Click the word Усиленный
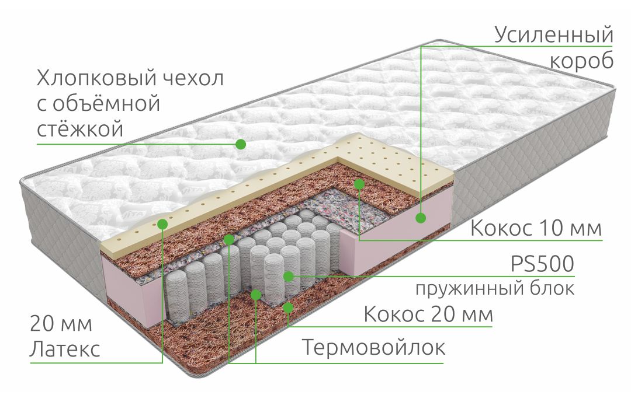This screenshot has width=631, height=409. [x=554, y=36]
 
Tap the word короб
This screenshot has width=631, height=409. [x=581, y=61]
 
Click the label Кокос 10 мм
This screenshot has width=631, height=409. [x=536, y=228]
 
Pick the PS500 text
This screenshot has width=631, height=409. [x=542, y=264]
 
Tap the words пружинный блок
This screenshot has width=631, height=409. [x=495, y=288]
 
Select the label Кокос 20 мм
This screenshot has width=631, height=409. [x=428, y=314]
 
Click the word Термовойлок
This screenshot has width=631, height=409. [x=373, y=347]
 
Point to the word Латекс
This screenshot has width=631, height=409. [x=65, y=349]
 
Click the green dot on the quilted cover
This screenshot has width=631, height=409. [x=241, y=144]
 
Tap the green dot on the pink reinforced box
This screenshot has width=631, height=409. [x=421, y=218]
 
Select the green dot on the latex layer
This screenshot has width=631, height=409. [x=162, y=224]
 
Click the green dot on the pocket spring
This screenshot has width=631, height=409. [x=288, y=276]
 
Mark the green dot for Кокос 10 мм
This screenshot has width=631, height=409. [x=359, y=184]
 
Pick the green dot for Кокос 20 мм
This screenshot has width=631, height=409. [x=287, y=307]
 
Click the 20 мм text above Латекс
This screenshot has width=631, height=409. [x=61, y=323]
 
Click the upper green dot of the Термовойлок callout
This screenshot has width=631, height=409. [x=229, y=240]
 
